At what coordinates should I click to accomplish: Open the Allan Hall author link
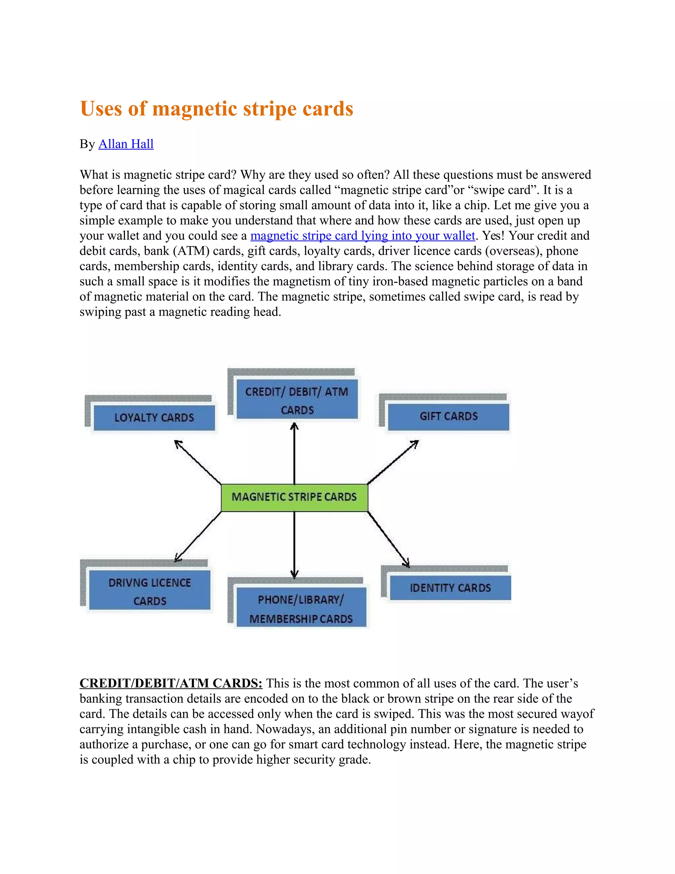click(x=126, y=144)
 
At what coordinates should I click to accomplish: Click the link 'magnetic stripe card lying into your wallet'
click(x=362, y=236)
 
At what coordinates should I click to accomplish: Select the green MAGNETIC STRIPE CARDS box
click(x=294, y=497)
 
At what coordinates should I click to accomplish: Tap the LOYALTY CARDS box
click(x=154, y=418)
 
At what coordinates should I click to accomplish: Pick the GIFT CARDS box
click(x=448, y=417)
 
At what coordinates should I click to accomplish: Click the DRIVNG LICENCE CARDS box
click(x=150, y=591)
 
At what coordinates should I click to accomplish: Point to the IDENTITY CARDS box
click(x=450, y=588)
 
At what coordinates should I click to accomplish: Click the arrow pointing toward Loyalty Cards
click(x=198, y=462)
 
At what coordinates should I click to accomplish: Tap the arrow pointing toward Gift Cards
click(x=393, y=462)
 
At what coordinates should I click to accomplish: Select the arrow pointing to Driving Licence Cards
click(x=198, y=537)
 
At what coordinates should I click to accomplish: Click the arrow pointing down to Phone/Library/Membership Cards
click(x=294, y=545)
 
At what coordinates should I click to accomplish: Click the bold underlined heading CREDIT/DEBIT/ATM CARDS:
click(x=171, y=683)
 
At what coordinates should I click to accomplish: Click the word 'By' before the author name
click(x=87, y=144)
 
